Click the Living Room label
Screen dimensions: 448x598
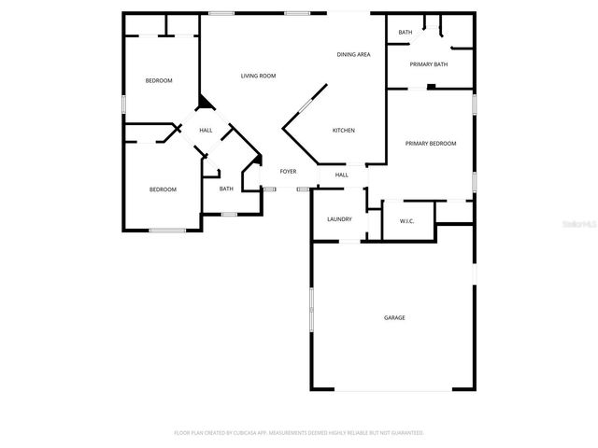(258, 76)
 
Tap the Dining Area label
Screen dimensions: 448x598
(354, 55)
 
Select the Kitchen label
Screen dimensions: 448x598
(344, 130)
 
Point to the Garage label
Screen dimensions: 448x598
(394, 318)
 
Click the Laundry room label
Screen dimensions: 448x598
(339, 219)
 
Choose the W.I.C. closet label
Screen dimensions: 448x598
(406, 221)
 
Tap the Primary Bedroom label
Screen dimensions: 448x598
(430, 143)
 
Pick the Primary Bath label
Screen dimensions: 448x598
(430, 64)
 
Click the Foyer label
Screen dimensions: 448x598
(288, 172)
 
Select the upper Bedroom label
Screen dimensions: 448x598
(159, 80)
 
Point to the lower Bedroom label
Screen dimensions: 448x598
(163, 189)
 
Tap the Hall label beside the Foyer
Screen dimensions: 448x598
(342, 175)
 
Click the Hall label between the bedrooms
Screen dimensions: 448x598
(206, 130)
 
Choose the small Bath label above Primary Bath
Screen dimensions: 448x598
(405, 33)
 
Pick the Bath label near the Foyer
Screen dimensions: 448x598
(226, 189)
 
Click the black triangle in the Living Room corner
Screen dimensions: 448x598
(204, 104)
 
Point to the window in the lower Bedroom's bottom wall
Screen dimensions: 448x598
(167, 230)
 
